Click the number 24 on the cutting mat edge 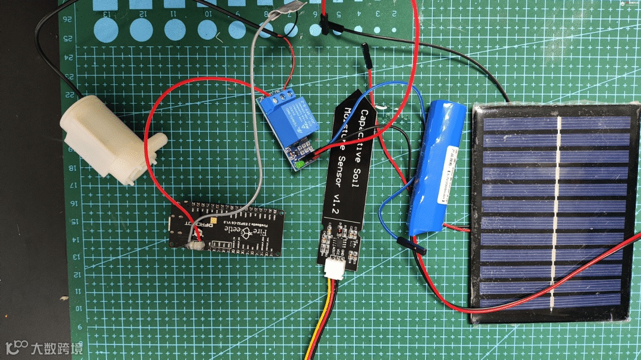(x=70, y=58)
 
